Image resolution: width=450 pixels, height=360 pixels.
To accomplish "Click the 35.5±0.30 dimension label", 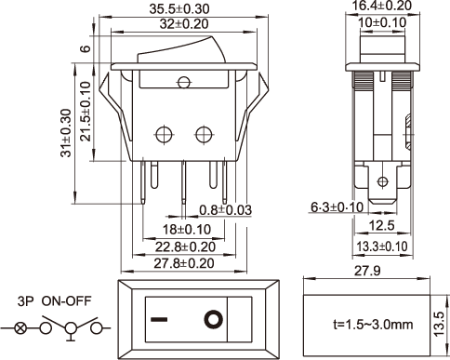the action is pyautogui.click(x=179, y=8).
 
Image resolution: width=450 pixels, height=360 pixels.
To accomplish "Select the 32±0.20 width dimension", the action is pyautogui.click(x=184, y=24).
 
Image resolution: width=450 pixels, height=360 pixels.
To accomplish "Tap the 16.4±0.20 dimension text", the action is pyautogui.click(x=382, y=6).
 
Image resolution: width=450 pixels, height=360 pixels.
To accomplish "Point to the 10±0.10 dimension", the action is pyautogui.click(x=382, y=22).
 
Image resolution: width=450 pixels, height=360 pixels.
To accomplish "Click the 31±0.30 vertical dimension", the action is pyautogui.click(x=66, y=133).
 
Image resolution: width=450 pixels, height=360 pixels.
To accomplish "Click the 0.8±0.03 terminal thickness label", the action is pyautogui.click(x=225, y=210).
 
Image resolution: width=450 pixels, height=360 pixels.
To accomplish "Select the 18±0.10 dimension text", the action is pyautogui.click(x=187, y=230).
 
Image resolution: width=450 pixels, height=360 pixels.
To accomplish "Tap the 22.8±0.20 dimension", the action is pyautogui.click(x=185, y=247).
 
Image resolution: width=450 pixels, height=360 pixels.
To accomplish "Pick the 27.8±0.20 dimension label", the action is pyautogui.click(x=184, y=263).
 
